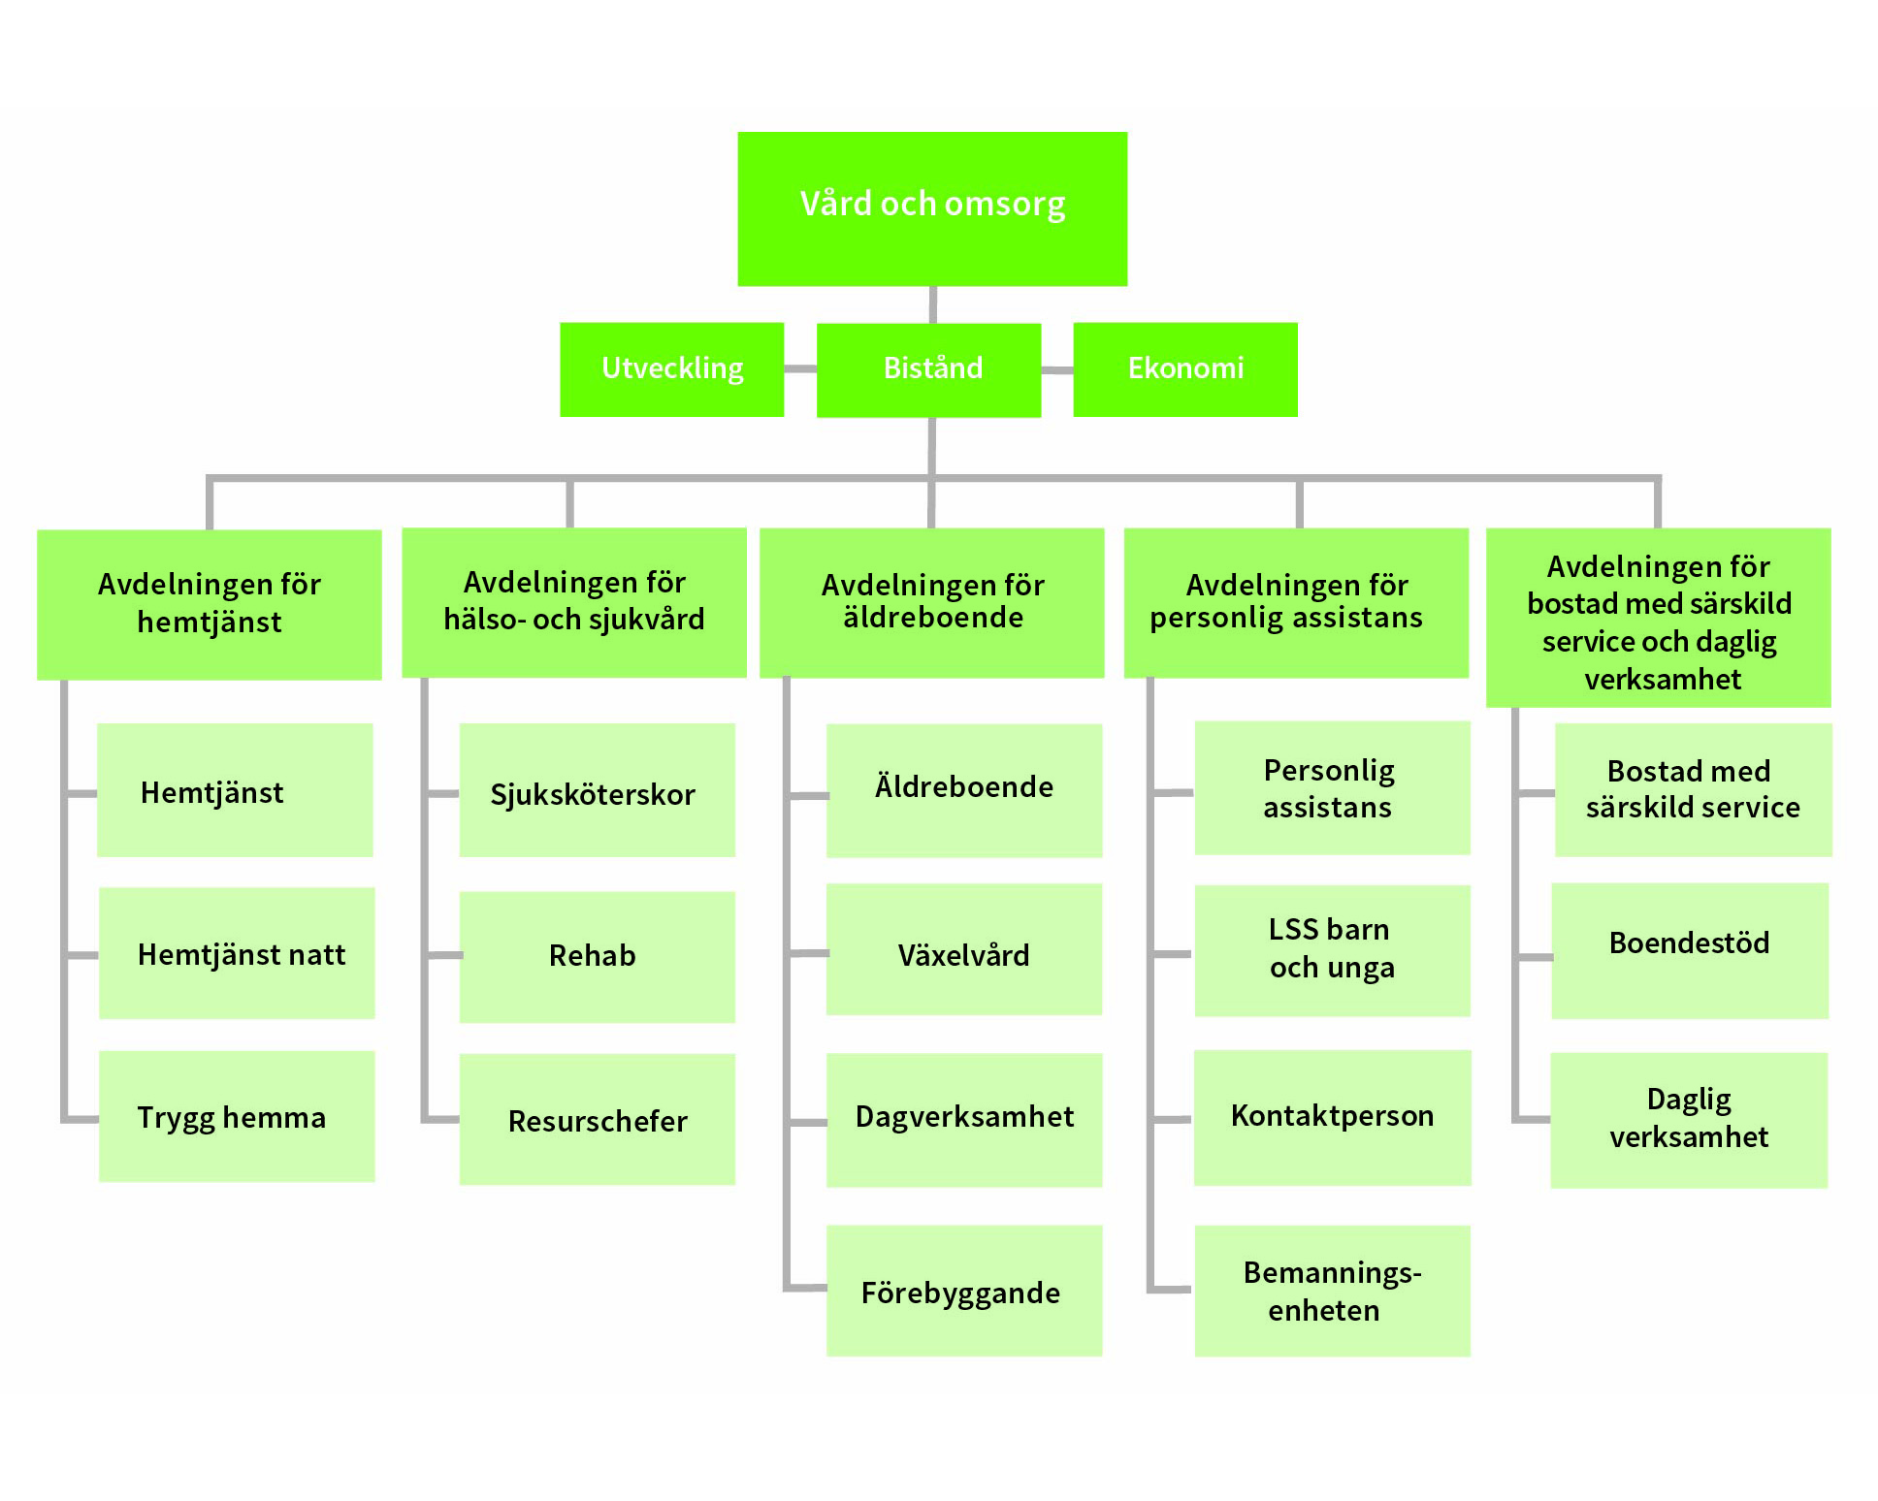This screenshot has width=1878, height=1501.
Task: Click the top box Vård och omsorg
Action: coord(932,208)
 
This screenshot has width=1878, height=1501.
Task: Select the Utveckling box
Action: coord(671,369)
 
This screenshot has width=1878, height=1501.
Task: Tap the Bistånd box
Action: coord(928,369)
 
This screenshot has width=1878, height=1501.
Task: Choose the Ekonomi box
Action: coord(1184,369)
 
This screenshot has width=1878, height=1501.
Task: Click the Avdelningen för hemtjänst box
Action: coord(209,604)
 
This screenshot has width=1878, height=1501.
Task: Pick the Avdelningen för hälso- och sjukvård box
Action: coord(573,602)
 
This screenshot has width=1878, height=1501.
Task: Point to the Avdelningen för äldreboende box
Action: coord(931,602)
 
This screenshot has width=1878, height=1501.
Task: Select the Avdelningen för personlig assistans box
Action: coord(1295,602)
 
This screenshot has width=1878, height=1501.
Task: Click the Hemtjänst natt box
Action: coord(237,953)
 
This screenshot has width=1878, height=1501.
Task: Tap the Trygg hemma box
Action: coord(237,1116)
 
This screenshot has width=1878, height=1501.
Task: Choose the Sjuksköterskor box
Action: coord(597,790)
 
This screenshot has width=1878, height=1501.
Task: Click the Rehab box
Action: coord(597,957)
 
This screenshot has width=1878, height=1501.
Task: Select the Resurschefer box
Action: coord(597,1119)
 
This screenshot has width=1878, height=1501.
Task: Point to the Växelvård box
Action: coord(963,949)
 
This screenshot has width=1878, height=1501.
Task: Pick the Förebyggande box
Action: coord(963,1291)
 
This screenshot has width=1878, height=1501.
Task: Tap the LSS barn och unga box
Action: coord(1332,950)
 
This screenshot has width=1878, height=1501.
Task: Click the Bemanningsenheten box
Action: coord(1332,1291)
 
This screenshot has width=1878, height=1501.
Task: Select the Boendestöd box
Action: coord(1690,950)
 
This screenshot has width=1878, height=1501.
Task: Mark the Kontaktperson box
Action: coord(1332,1117)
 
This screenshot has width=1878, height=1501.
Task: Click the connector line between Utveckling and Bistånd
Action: coord(800,369)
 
